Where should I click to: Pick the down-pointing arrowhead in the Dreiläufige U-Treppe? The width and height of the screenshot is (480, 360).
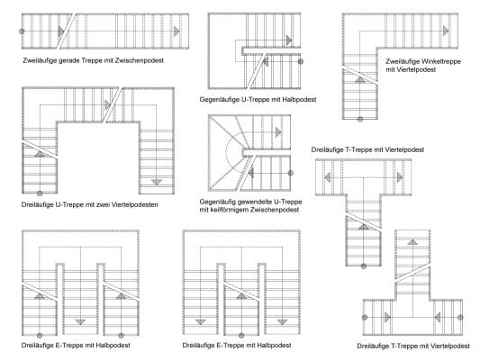[x=157, y=181]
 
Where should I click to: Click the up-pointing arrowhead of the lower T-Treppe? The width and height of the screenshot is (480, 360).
[x=412, y=241]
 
